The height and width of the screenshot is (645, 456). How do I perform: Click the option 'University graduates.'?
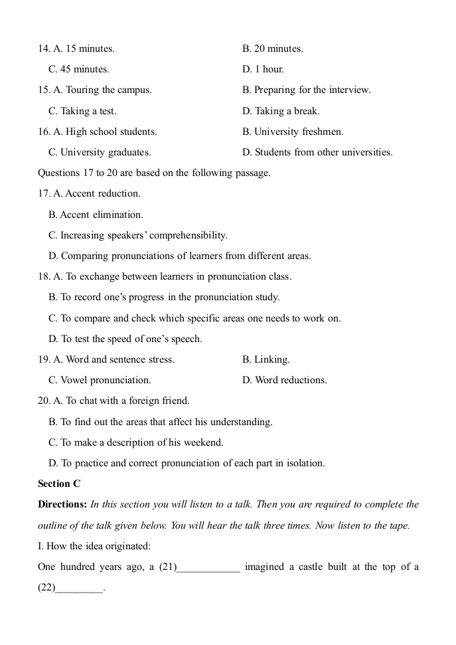[x=100, y=152]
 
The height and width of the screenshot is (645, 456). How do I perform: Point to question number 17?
[x=44, y=193]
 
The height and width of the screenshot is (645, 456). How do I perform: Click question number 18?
[x=44, y=276]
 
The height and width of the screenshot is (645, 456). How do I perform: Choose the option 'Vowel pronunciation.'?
[x=100, y=380]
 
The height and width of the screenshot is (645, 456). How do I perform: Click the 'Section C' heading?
[x=59, y=484]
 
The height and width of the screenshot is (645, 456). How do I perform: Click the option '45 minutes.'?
[x=79, y=69]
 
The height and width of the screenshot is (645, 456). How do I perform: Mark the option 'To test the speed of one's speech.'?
[x=125, y=339]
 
